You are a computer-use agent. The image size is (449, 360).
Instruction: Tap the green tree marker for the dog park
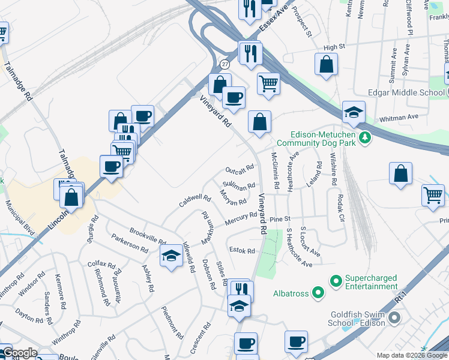pyautogui.click(x=364, y=139)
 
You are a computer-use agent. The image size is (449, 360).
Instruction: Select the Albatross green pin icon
pyautogui.click(x=318, y=293)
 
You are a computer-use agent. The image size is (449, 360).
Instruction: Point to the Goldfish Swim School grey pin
pyautogui.click(x=394, y=317)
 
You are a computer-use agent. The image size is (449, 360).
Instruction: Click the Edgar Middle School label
pyautogui.click(x=406, y=92)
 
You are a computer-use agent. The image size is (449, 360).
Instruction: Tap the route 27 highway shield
pyautogui.click(x=224, y=64)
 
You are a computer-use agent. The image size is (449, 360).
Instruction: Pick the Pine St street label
pyautogui.click(x=279, y=220)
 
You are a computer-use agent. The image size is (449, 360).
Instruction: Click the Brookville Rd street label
pyautogui.click(x=147, y=234)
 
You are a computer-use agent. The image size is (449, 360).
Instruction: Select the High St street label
pyautogui.click(x=334, y=47)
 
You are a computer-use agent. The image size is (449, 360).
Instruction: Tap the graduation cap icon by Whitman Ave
pyautogui.click(x=354, y=112)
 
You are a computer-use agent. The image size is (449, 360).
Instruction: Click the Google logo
pyautogui.click(x=19, y=353)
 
